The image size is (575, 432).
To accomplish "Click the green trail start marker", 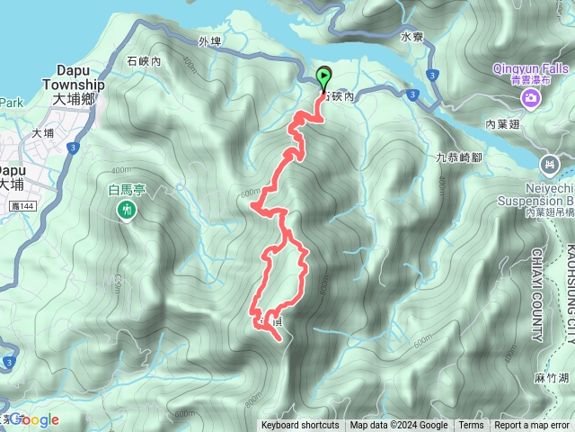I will (323, 77).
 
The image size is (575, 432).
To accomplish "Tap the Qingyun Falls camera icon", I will (532, 96).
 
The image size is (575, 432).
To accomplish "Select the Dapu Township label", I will (75, 76).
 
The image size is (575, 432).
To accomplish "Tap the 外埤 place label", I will (210, 41).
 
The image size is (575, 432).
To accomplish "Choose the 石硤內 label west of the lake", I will (144, 61).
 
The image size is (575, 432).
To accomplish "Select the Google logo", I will (34, 419).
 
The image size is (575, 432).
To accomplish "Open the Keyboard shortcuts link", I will (300, 426).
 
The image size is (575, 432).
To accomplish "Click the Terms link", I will (471, 426).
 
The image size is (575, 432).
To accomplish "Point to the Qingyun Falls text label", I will (531, 67).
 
